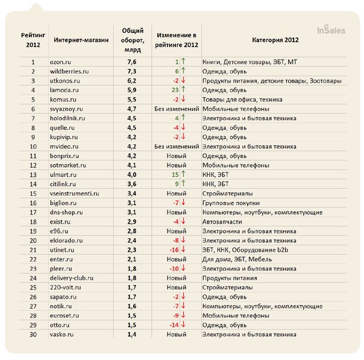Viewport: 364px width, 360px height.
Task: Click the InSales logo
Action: click(x=331, y=30)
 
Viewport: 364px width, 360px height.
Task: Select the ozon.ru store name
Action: click(x=60, y=62)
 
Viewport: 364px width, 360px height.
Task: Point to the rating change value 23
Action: click(x=175, y=90)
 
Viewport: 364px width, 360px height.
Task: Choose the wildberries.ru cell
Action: click(x=69, y=71)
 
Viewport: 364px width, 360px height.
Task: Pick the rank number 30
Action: click(x=33, y=334)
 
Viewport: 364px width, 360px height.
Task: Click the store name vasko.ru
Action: click(x=62, y=334)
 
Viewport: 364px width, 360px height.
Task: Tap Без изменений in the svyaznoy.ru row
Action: click(x=177, y=109)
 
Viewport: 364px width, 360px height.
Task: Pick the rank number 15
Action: click(x=33, y=194)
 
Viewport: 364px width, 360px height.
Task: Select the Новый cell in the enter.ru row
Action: click(x=176, y=259)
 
